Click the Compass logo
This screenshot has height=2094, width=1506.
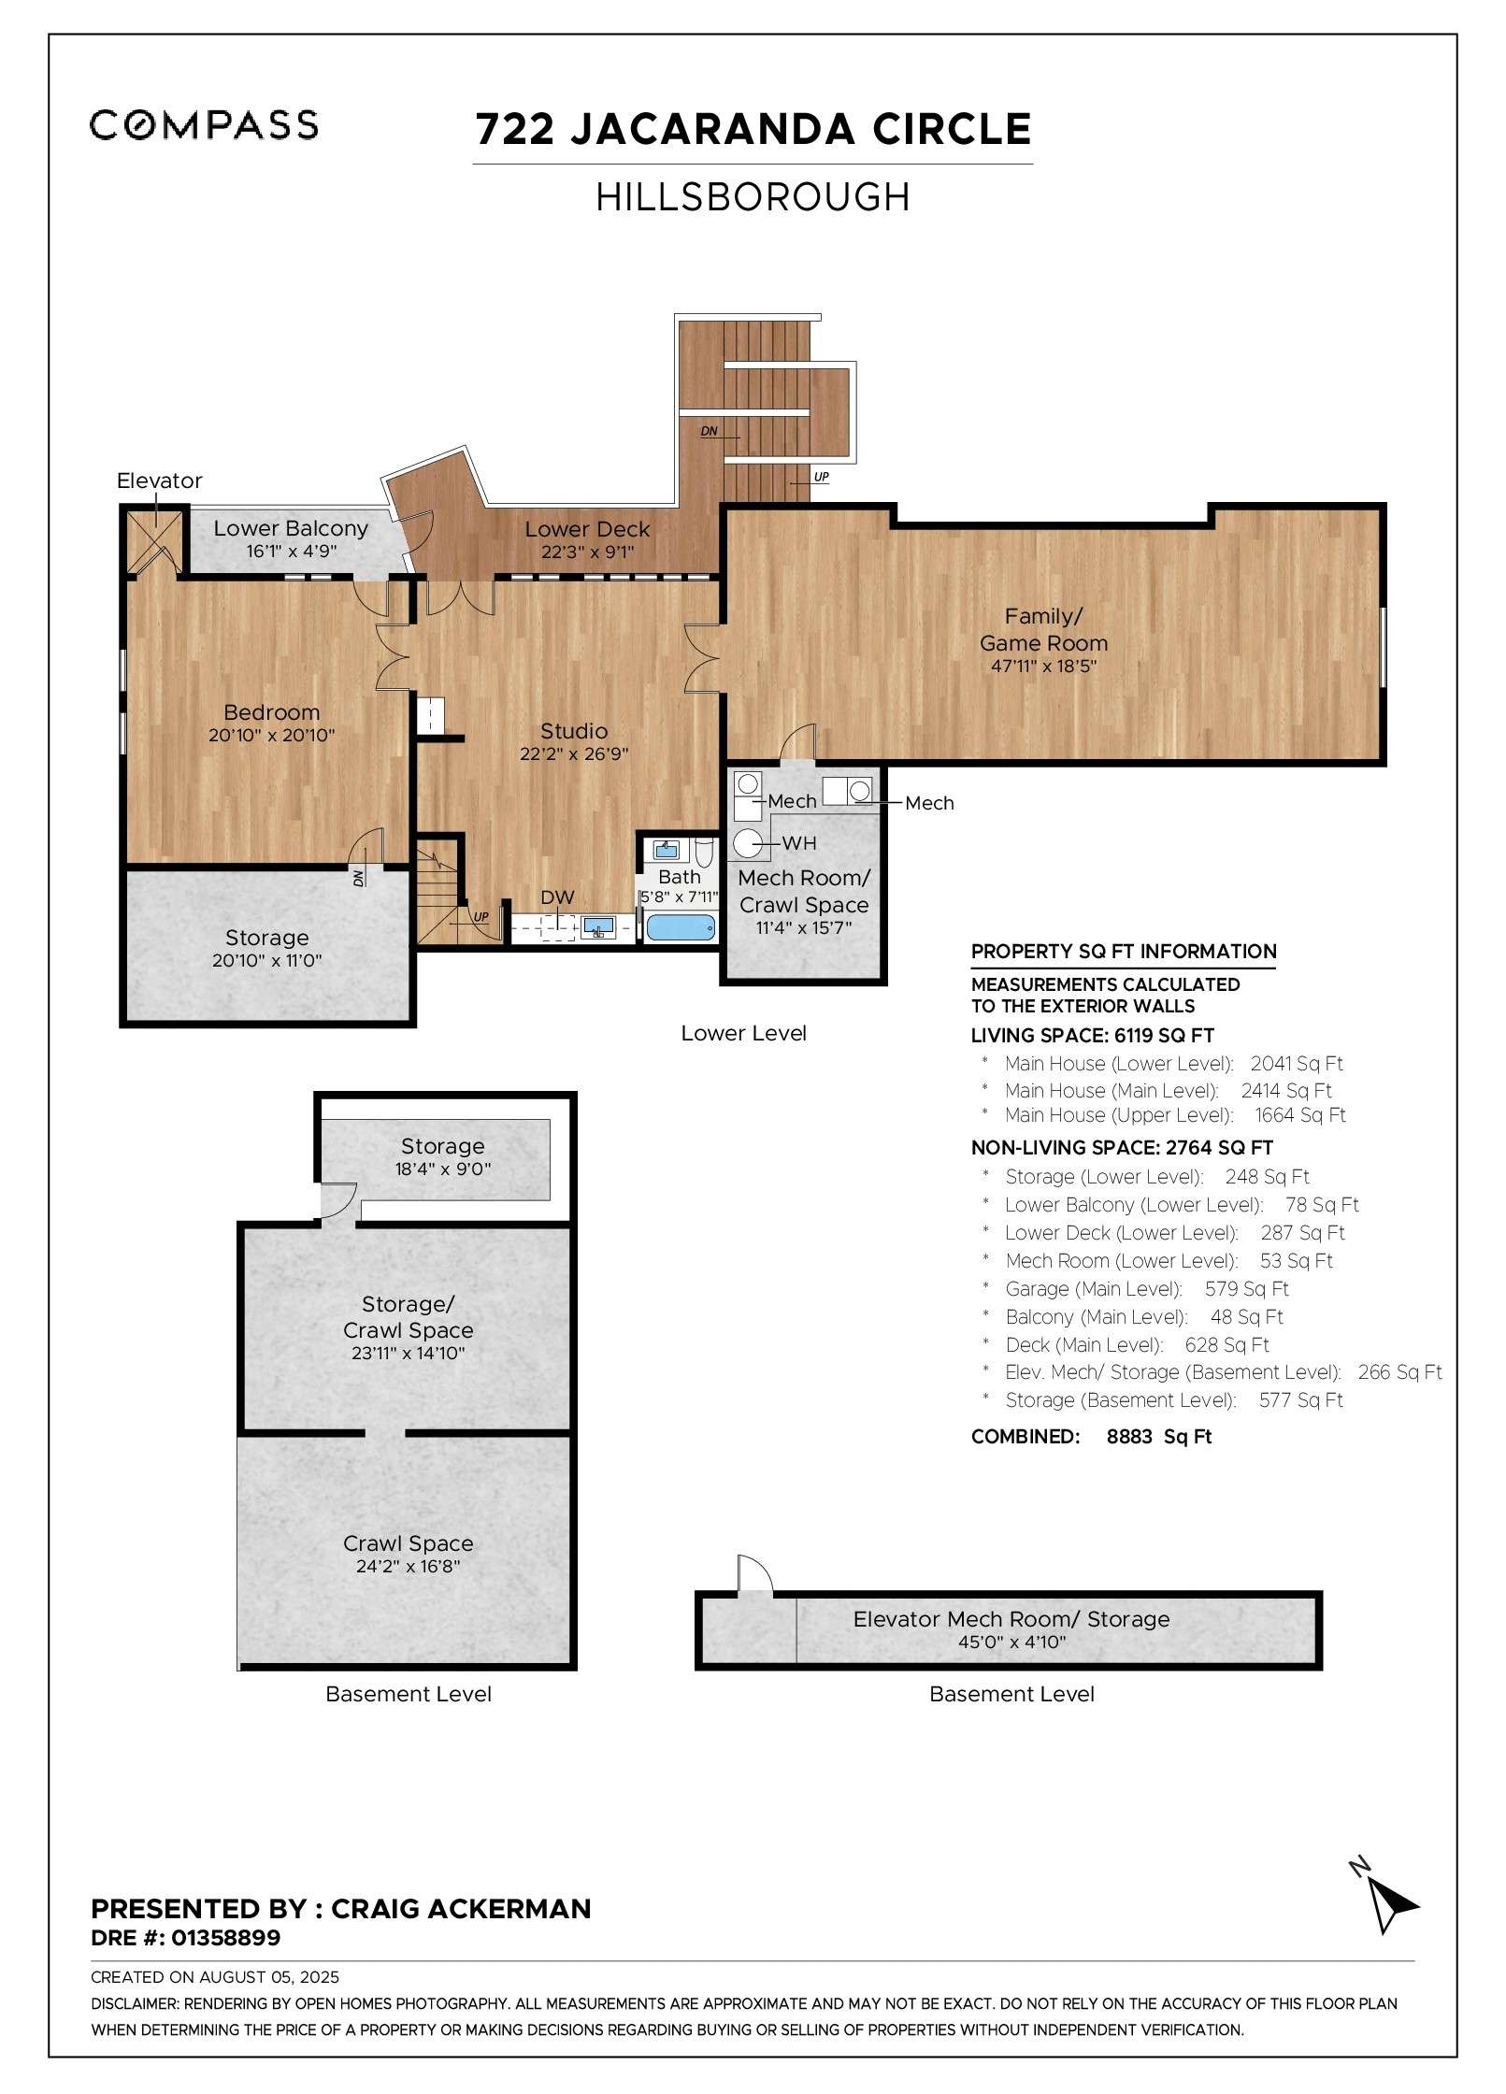(x=204, y=125)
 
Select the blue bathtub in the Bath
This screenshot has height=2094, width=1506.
(x=681, y=928)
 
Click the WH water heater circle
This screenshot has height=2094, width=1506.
(x=747, y=843)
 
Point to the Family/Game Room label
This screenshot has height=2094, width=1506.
(x=1043, y=630)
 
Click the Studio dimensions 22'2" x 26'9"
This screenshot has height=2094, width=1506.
(x=574, y=754)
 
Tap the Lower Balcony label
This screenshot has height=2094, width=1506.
(x=291, y=528)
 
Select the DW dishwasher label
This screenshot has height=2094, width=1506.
(x=557, y=897)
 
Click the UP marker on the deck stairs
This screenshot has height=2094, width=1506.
(x=821, y=477)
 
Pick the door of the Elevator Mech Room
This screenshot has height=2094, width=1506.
(x=754, y=1575)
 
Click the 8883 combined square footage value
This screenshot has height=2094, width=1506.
(x=1129, y=1437)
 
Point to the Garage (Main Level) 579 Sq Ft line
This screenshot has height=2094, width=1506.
(x=1146, y=1289)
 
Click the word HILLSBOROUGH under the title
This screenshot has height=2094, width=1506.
(x=753, y=197)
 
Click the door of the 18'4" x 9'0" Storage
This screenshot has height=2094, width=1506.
(x=338, y=1199)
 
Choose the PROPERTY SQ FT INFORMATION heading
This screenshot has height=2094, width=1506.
(x=1123, y=952)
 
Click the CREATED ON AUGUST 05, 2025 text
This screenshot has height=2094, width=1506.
(x=215, y=1977)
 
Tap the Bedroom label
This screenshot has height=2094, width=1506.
(x=271, y=712)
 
